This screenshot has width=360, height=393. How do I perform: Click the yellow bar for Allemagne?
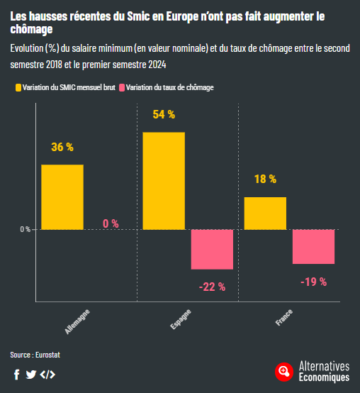(x=62, y=196)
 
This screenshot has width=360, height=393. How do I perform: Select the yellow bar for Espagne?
(x=164, y=180)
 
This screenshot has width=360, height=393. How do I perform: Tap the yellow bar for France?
(x=265, y=213)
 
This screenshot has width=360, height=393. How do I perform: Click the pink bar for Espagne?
(x=212, y=249)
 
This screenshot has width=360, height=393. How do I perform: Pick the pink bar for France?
(x=313, y=246)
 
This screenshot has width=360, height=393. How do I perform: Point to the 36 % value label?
(x=62, y=148)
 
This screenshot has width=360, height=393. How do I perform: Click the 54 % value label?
(x=163, y=114)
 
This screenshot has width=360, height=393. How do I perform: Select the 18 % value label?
(x=265, y=179)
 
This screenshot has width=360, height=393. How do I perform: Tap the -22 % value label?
(x=212, y=287)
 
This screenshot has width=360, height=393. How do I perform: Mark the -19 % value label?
(x=313, y=282)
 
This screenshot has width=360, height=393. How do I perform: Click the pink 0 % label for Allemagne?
(x=111, y=223)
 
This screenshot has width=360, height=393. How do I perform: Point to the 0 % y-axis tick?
(x=24, y=229)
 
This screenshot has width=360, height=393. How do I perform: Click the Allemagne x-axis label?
(x=77, y=321)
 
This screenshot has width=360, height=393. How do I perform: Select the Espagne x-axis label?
(x=180, y=319)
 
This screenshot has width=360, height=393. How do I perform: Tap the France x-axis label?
(x=283, y=317)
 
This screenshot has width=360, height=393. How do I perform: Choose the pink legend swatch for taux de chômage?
(x=122, y=88)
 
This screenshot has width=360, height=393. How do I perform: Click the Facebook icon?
(x=17, y=375)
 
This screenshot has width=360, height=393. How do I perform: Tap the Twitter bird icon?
(x=31, y=375)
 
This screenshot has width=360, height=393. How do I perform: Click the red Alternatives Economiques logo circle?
(x=284, y=371)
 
